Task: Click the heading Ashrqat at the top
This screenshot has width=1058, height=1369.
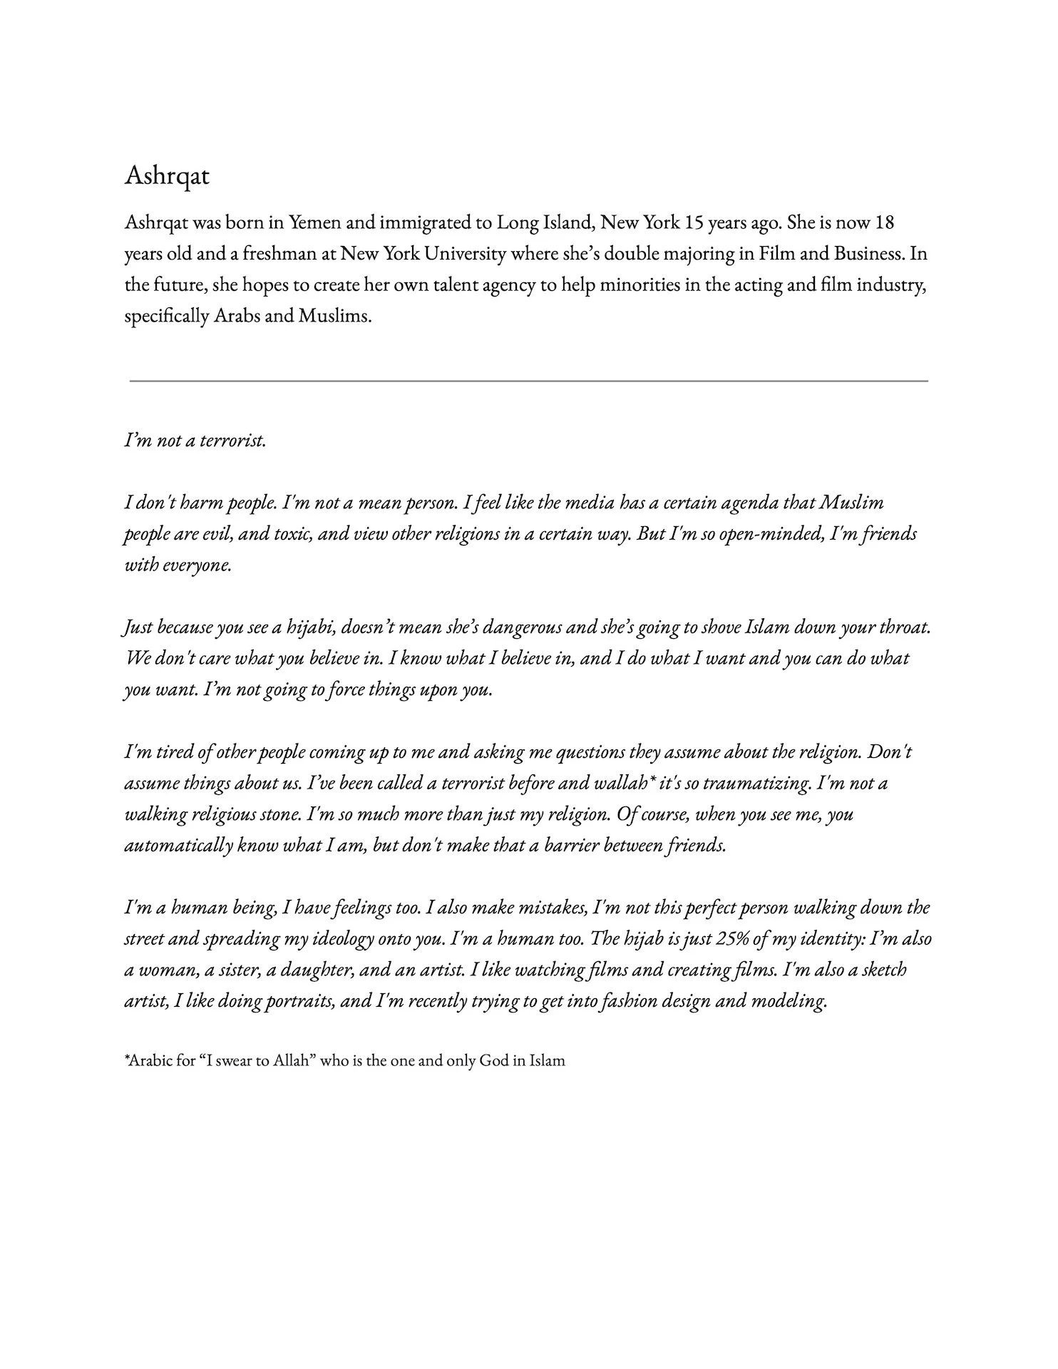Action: pyautogui.click(x=167, y=175)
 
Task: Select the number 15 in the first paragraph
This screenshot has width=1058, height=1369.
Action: pyautogui.click(x=694, y=222)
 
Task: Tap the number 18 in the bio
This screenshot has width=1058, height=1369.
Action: pyautogui.click(x=884, y=222)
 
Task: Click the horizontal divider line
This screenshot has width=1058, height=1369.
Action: pyautogui.click(x=528, y=381)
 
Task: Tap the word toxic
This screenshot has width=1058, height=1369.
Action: pyautogui.click(x=292, y=534)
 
